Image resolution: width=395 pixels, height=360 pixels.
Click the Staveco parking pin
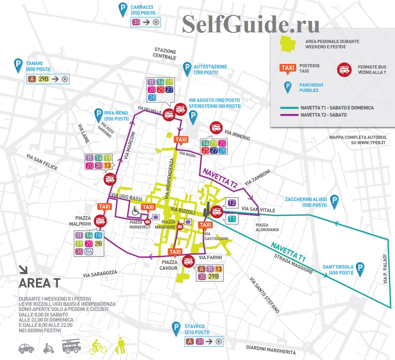coord(176,328)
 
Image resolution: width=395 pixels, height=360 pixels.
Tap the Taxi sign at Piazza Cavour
coord(175,252)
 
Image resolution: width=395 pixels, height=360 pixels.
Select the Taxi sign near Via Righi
coord(181,140)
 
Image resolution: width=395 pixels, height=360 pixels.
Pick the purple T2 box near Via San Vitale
coord(232,203)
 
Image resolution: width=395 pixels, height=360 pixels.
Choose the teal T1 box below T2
coord(232,219)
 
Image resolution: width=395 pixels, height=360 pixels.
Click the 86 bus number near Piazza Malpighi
coord(89,251)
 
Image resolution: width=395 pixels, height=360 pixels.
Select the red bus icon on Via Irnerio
coord(216,127)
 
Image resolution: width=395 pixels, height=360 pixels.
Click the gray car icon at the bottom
coord(26,348)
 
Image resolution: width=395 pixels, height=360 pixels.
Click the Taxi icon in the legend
coord(287,68)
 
